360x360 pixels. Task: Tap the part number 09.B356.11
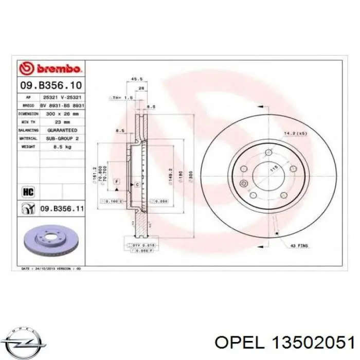62,208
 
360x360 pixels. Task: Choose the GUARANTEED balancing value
62,130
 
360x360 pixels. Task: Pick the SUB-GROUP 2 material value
62,138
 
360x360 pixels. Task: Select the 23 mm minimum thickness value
62,122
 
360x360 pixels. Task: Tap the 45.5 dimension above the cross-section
137,79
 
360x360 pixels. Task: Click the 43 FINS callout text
299,246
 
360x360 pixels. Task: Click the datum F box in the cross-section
117,182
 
